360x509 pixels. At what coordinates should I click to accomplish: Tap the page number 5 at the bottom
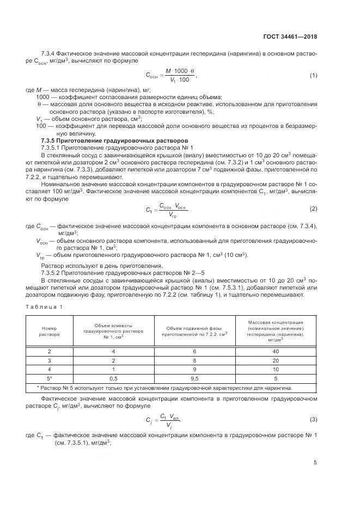coord(315,463)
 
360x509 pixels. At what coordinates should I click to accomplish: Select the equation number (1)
coord(313,75)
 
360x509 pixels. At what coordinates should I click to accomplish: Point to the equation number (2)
coord(313,209)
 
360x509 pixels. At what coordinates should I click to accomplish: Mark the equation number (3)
coord(313,419)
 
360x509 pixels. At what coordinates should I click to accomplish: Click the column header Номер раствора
coord(50,332)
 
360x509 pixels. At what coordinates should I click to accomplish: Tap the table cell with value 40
coord(276,352)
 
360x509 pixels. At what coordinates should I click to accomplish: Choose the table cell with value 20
coord(276,360)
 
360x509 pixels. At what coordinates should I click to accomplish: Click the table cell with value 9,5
coord(195,378)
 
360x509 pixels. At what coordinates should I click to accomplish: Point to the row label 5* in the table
coord(50,378)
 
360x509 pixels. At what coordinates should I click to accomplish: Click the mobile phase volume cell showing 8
coord(195,360)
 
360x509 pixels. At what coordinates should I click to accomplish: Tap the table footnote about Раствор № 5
coord(163,388)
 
